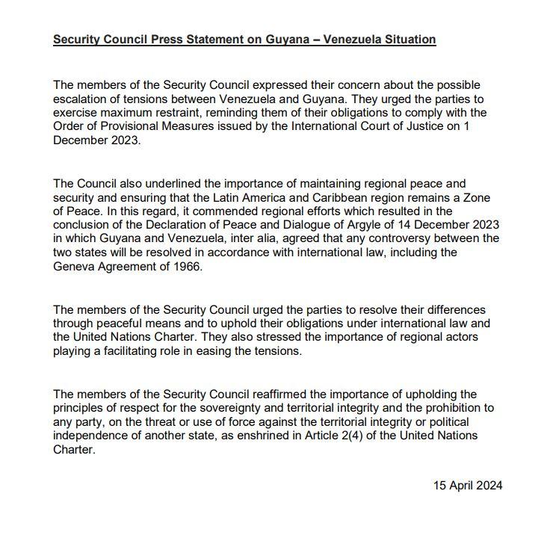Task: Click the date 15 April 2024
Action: coord(468,486)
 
